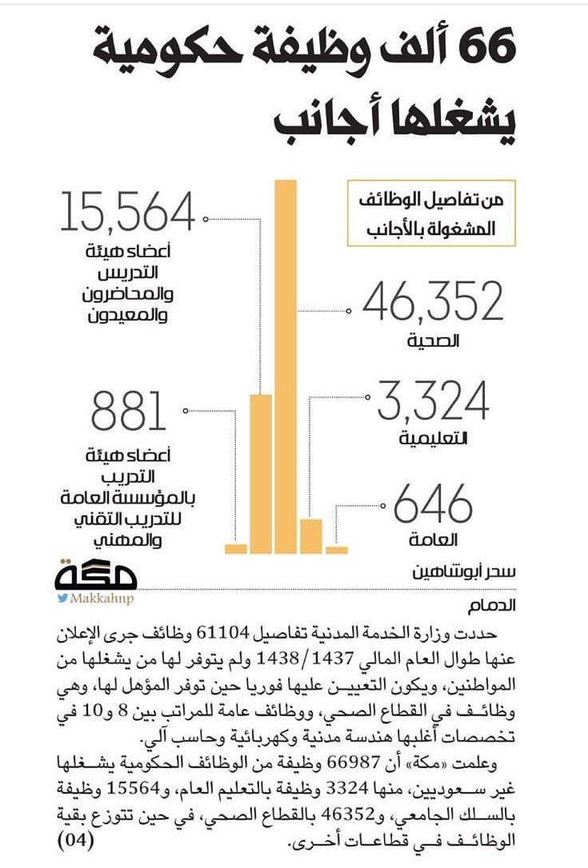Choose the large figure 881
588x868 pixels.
pos(128,411)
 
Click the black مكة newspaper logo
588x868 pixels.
pos(98,573)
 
